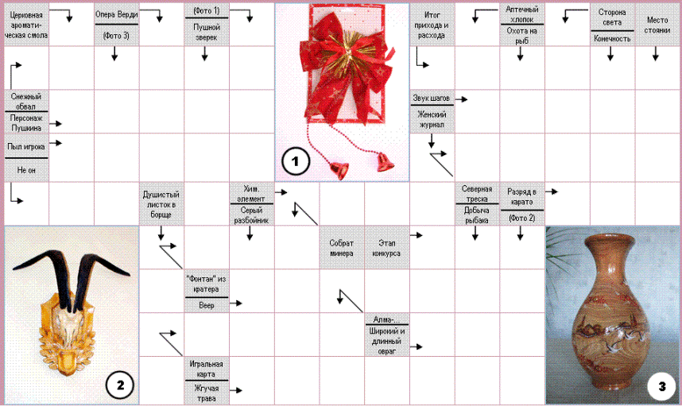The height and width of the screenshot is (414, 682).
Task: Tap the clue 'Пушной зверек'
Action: pos(206,33)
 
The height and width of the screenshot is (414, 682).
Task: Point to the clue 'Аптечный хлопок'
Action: pos(521,13)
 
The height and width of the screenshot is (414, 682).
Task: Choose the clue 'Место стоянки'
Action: pos(657,25)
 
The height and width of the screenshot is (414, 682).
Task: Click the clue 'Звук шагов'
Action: pos(430,99)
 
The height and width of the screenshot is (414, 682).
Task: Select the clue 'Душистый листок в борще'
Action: pos(161,204)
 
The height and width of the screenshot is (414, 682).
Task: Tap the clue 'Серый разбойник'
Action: pos(251,215)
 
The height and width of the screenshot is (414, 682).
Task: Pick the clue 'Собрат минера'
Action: pos(342,248)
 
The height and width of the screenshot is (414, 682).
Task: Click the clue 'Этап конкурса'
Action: pos(386,248)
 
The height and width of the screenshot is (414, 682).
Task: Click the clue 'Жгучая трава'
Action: pos(206,393)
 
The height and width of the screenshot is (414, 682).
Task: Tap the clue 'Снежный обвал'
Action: pos(25,101)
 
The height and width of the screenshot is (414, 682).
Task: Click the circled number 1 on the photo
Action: pos(295,162)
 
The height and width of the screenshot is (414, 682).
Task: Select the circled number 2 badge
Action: pos(118,386)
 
